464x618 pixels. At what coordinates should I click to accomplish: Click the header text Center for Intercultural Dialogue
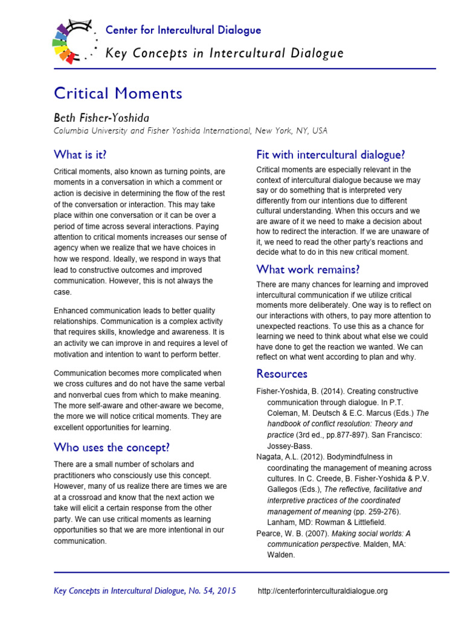pyautogui.click(x=183, y=30)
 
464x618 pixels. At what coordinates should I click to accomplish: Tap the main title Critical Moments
pyautogui.click(x=118, y=94)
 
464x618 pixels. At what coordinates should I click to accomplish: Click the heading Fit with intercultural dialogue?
pyautogui.click(x=330, y=154)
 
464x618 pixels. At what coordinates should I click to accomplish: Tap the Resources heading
pyautogui.click(x=282, y=374)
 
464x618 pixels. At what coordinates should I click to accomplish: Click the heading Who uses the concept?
pyautogui.click(x=112, y=447)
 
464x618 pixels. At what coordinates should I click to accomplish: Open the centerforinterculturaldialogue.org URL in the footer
pyautogui.click(x=323, y=591)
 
